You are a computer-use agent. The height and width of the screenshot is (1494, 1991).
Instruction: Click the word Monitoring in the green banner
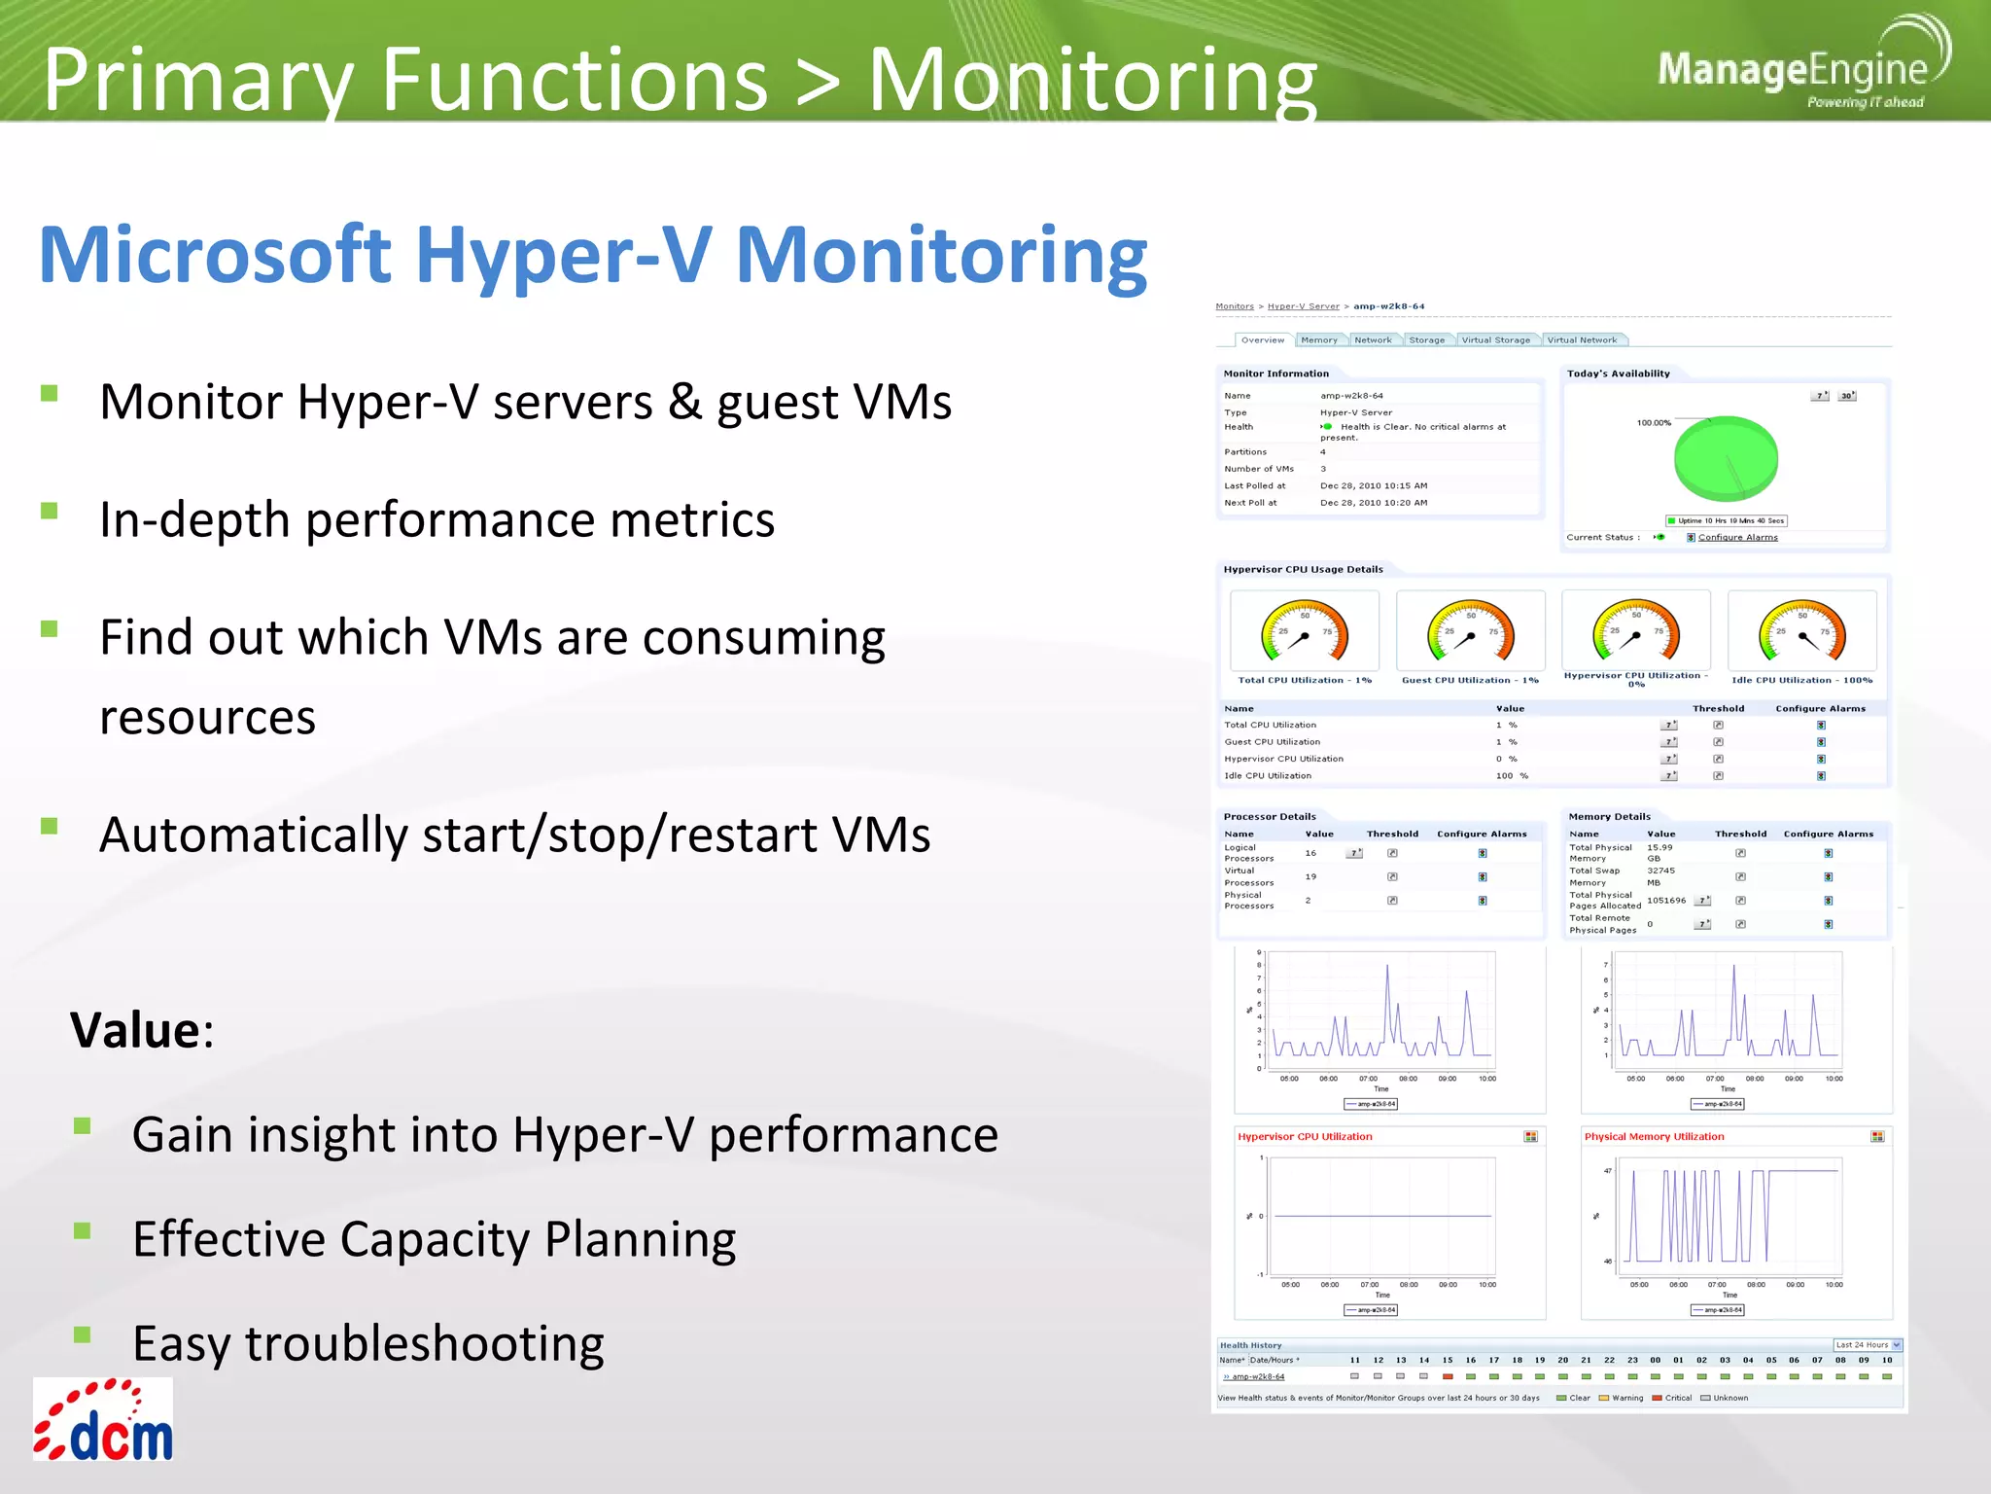click(1092, 80)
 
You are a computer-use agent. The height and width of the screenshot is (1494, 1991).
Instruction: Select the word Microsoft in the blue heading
click(215, 255)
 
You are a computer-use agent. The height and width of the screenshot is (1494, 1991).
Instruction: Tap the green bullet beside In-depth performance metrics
click(50, 511)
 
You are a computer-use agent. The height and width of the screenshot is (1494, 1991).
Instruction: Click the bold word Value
click(135, 1030)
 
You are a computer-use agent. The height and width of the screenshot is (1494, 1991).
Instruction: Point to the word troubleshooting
click(424, 1344)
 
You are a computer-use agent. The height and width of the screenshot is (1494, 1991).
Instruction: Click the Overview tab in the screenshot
click(1262, 340)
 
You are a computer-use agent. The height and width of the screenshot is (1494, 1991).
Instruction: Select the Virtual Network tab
click(1582, 340)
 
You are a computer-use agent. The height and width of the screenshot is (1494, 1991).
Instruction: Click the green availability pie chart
click(1726, 457)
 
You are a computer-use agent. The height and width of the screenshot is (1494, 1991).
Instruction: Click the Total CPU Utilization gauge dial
click(1304, 632)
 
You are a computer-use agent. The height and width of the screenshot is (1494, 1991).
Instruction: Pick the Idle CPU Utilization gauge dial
click(1801, 632)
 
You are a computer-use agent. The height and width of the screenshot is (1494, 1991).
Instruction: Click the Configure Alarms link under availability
click(1737, 538)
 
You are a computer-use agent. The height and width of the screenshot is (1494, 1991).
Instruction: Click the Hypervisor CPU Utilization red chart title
click(1305, 1136)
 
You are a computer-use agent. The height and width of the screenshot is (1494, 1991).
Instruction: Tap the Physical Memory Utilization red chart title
click(1654, 1136)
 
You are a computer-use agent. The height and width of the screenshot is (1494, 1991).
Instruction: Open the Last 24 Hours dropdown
click(1867, 1345)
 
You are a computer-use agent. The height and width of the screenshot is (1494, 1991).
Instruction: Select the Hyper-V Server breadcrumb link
click(1303, 306)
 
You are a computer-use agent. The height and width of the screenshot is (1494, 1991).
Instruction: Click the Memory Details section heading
click(1609, 817)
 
